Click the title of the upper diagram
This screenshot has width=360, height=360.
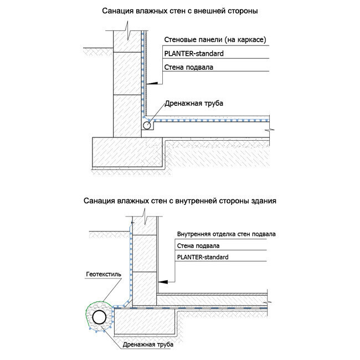click(x=180, y=11)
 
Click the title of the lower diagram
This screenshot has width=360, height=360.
click(x=180, y=200)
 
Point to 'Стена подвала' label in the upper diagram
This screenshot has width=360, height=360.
click(x=189, y=67)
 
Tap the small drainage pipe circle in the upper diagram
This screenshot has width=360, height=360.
click(x=147, y=126)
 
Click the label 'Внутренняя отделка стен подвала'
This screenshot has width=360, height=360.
click(x=226, y=234)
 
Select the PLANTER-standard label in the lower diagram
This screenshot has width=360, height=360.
click(x=202, y=258)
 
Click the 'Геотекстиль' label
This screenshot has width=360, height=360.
click(x=104, y=274)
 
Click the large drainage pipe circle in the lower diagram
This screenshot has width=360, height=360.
click(x=100, y=317)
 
